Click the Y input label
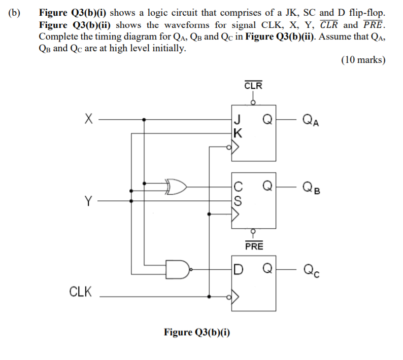[88, 201]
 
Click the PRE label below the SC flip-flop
[254, 246]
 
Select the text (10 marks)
[363, 60]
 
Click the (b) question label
[15, 12]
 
